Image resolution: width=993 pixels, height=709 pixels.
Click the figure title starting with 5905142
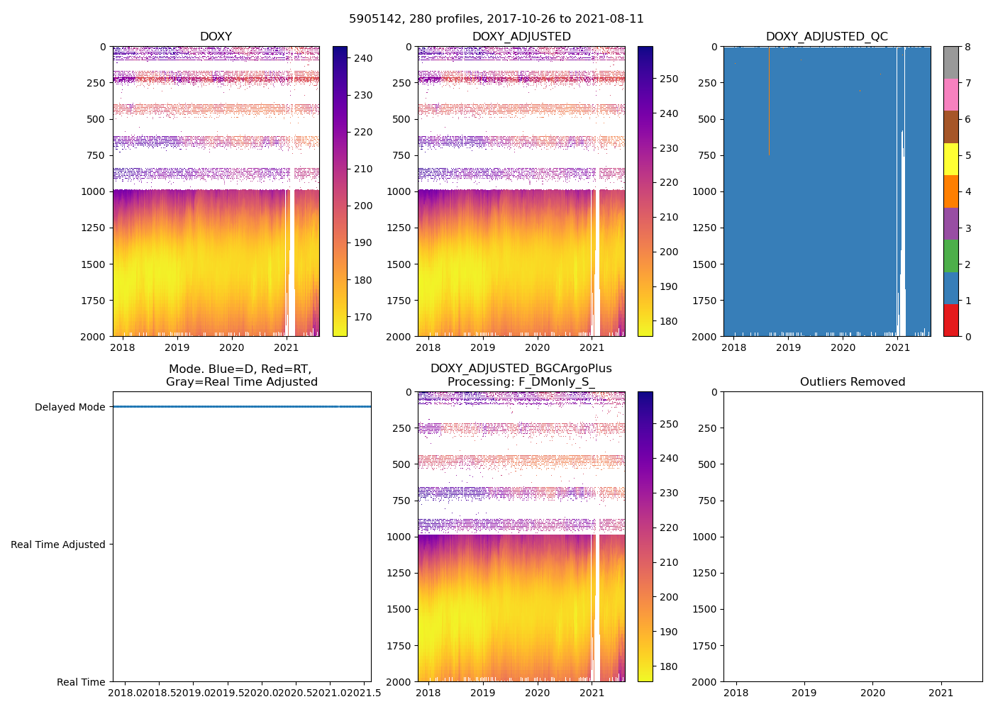[496, 19]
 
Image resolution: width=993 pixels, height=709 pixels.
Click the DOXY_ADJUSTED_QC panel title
[826, 37]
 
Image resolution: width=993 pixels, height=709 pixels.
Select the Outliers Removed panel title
[853, 382]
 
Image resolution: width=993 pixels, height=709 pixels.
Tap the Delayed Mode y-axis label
[70, 407]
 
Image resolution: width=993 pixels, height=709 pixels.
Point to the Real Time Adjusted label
[58, 545]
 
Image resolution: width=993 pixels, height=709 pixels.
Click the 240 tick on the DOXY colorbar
[363, 58]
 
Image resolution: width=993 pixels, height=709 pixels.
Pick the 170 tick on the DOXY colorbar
[363, 317]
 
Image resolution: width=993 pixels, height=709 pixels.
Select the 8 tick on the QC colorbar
[968, 47]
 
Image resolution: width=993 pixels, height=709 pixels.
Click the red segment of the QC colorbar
[950, 320]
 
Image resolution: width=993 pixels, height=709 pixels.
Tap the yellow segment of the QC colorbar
[950, 159]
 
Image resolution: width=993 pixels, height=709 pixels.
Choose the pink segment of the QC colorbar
[950, 94]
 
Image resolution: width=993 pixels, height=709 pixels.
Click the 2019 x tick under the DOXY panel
[177, 347]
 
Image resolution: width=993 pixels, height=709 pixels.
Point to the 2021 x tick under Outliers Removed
[941, 693]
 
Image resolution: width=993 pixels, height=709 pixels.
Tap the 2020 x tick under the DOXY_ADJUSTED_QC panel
[843, 347]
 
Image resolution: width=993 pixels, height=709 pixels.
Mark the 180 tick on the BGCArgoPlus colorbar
[668, 666]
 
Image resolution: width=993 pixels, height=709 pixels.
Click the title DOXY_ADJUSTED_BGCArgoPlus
[521, 369]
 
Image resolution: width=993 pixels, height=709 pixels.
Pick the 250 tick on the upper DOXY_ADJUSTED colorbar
[668, 79]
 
